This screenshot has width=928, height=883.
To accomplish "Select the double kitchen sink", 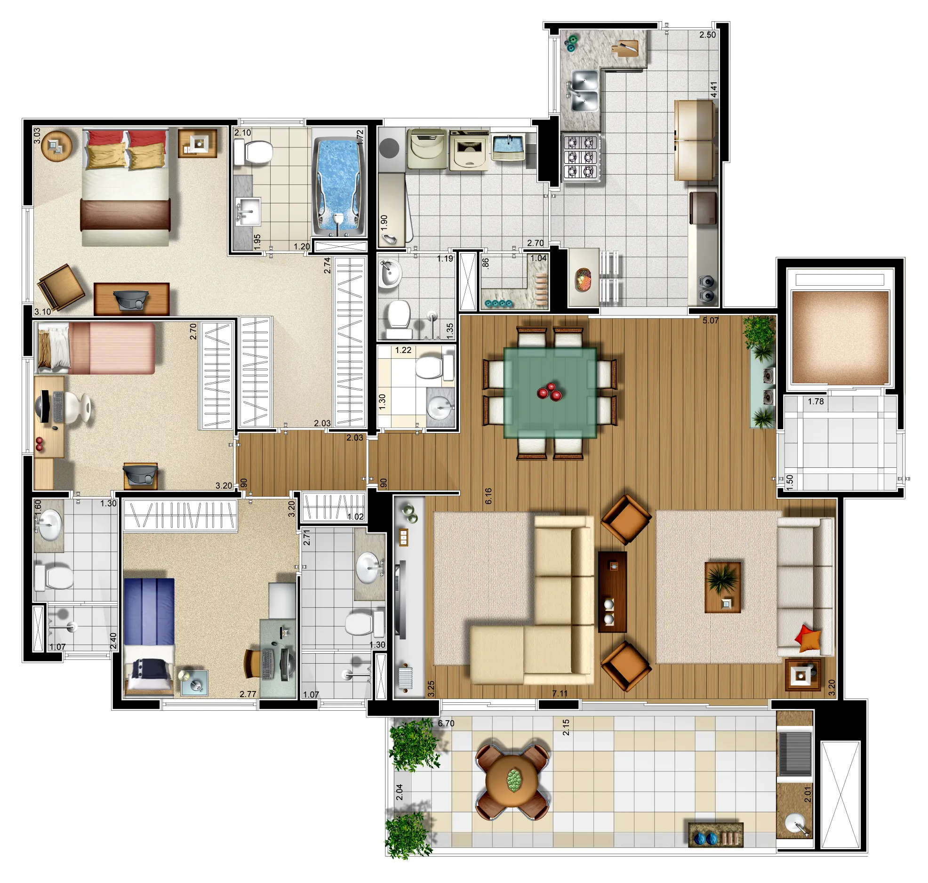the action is click(584, 91).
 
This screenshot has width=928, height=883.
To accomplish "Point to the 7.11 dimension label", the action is click(560, 693).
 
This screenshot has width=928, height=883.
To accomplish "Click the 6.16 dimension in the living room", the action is click(488, 496).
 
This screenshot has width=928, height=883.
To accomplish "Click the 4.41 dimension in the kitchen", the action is click(713, 90).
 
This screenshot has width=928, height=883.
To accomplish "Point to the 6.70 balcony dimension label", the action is click(446, 723).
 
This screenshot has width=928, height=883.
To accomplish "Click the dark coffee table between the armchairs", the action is click(612, 592).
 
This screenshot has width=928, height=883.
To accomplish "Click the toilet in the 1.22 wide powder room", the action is click(433, 367).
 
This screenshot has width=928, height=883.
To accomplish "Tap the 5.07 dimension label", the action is click(711, 321).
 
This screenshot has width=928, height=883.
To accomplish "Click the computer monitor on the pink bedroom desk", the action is click(43, 406).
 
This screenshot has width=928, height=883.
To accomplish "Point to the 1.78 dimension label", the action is click(816, 401).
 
